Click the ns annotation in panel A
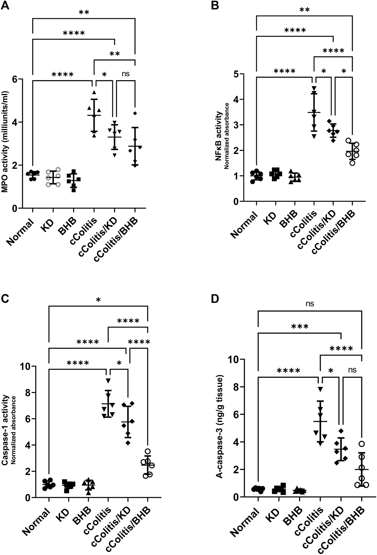pyautogui.click(x=125, y=74)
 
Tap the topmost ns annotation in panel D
pyautogui.click(x=310, y=303)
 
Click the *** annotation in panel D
pyautogui.click(x=300, y=327)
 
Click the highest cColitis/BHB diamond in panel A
pyautogui.click(x=135, y=113)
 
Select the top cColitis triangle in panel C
pyautogui.click(x=108, y=381)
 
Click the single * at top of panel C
pyautogui.click(x=98, y=300)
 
